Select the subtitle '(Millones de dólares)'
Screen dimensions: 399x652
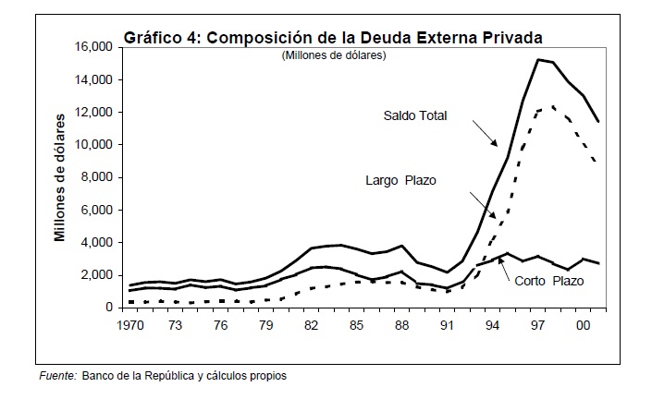click(334, 56)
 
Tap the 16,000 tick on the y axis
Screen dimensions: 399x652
click(92, 47)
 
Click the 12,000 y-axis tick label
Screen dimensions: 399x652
click(92, 113)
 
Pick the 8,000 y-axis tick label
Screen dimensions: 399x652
click(96, 177)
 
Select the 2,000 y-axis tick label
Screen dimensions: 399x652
click(96, 275)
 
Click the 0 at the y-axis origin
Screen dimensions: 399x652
click(107, 308)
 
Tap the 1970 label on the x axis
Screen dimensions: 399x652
click(129, 326)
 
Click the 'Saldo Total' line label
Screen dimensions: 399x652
click(415, 116)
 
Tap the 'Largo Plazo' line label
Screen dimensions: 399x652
click(400, 179)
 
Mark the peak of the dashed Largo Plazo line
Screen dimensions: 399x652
click(553, 107)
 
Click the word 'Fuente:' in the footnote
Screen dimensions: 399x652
click(57, 376)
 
